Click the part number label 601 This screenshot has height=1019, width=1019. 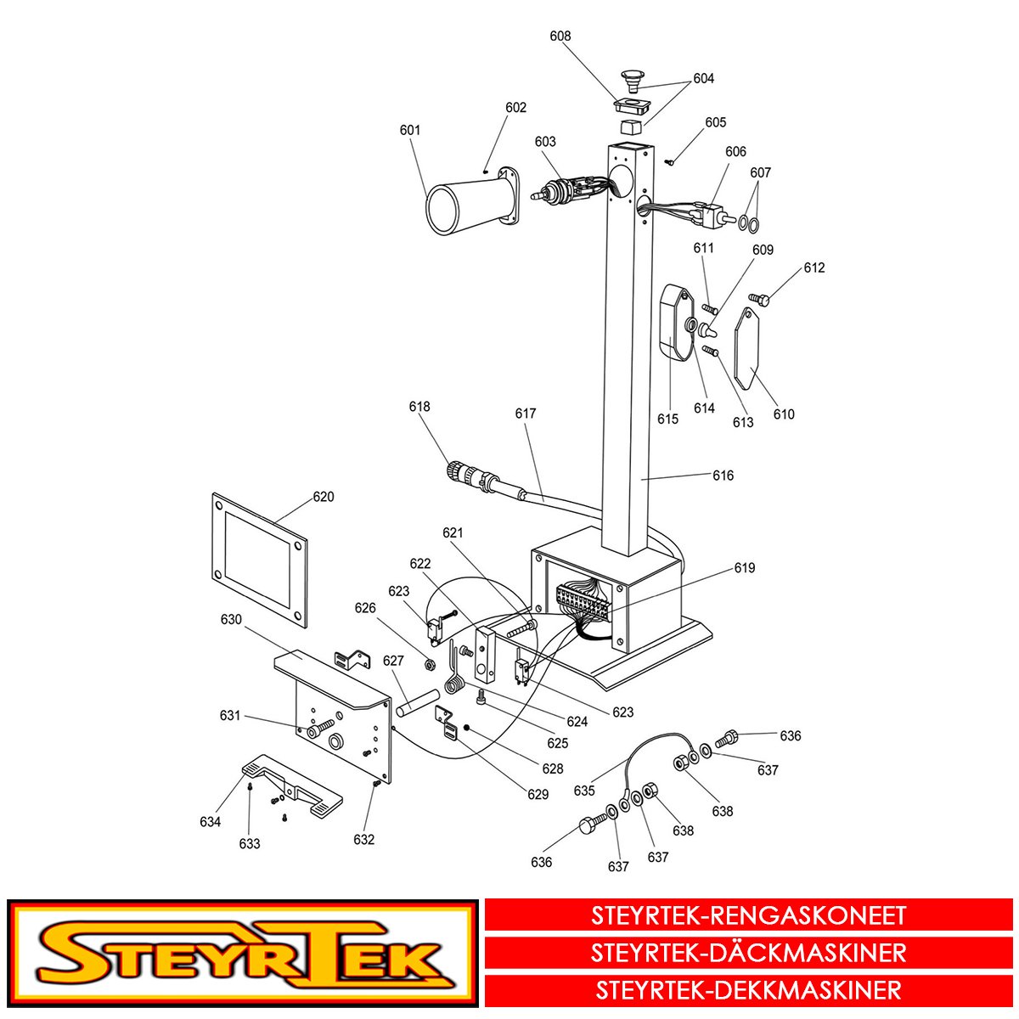coord(410,130)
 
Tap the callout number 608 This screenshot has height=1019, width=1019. coord(560,36)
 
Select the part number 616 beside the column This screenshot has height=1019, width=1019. coord(723,476)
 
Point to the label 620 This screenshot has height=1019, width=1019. coord(323,497)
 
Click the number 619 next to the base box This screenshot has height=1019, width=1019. coord(745,567)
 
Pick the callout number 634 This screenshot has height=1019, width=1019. coord(210,821)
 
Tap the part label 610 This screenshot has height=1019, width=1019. coord(784,414)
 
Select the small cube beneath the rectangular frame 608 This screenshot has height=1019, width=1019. coord(630,128)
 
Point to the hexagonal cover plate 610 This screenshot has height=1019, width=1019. coord(747,347)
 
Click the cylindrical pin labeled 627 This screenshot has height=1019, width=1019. coord(419,702)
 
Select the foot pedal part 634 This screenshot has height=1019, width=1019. coord(292,790)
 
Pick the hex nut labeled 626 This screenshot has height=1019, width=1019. coord(430,664)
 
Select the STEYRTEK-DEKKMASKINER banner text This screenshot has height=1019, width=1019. coord(748,990)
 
